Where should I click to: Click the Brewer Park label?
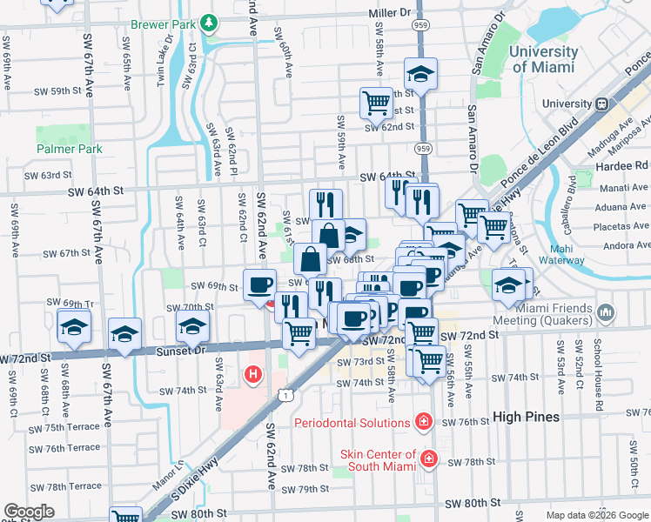(x=162, y=25)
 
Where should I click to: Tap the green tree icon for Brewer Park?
(x=208, y=22)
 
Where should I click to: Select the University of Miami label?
(x=543, y=59)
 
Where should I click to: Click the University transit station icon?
(x=601, y=103)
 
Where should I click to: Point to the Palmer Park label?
(x=70, y=149)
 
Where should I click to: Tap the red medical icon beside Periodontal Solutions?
(x=423, y=423)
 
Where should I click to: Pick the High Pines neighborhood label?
(x=526, y=417)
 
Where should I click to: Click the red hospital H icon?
(x=253, y=375)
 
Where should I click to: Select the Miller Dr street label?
(x=389, y=13)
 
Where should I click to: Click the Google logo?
(x=29, y=512)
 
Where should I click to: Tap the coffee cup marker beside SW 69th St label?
(x=260, y=286)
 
